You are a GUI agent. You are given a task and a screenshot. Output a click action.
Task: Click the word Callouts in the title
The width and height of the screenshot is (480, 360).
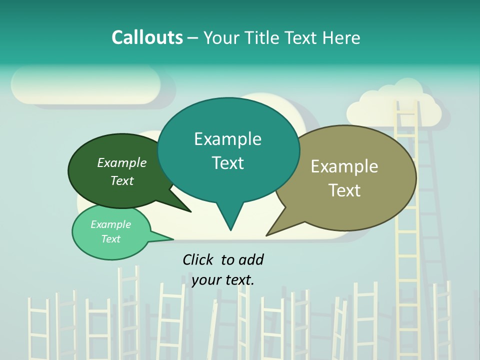(x=147, y=37)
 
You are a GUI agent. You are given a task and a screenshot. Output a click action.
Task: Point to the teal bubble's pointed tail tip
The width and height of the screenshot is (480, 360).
(x=230, y=230)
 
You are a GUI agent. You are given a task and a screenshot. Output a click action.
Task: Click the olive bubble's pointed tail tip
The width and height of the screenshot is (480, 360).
(x=266, y=235)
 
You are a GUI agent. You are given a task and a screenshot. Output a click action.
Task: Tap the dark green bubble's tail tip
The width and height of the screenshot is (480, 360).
(x=190, y=211)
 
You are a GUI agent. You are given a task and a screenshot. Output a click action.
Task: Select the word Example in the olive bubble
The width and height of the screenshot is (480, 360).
(x=344, y=166)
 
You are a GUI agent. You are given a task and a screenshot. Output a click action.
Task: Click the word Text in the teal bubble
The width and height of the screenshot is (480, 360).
(x=228, y=163)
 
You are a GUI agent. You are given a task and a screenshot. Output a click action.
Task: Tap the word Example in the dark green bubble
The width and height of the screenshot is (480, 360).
(x=122, y=163)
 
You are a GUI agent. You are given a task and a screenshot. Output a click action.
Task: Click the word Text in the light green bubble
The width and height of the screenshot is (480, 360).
(x=111, y=239)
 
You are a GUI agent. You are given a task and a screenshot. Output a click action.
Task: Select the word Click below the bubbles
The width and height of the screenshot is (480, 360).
(x=198, y=259)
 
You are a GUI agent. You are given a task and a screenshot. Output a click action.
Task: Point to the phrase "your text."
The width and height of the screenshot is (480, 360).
(x=223, y=280)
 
